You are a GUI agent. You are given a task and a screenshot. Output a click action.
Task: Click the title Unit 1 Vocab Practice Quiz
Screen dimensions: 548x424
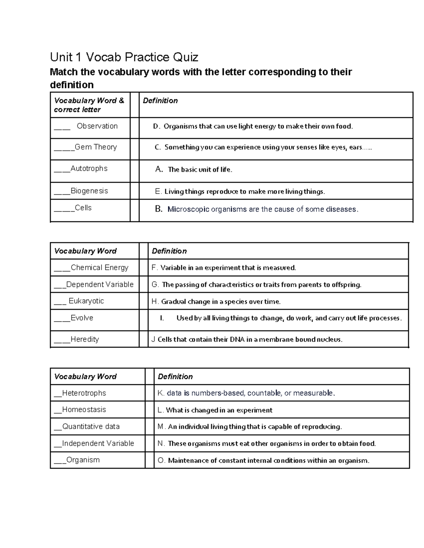pyautogui.click(x=124, y=57)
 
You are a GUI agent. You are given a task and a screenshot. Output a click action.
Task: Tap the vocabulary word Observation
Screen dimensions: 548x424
pyautogui.click(x=97, y=126)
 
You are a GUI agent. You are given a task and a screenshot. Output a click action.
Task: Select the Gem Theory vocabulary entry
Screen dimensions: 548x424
pyautogui.click(x=96, y=147)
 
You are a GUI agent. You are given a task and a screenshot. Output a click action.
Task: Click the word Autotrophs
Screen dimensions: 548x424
pyautogui.click(x=89, y=169)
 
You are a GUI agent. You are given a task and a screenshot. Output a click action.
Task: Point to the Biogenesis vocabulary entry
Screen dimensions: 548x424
pyautogui.click(x=89, y=191)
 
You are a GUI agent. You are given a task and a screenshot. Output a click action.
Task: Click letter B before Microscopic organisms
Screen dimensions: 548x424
pyautogui.click(x=159, y=209)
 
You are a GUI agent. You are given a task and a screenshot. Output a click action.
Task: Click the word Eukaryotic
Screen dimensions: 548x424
pyautogui.click(x=86, y=301)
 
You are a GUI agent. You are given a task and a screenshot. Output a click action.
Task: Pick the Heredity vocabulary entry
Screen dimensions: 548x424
pyautogui.click(x=85, y=339)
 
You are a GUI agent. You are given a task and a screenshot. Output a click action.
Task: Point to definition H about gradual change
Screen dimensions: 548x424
pyautogui.click(x=216, y=302)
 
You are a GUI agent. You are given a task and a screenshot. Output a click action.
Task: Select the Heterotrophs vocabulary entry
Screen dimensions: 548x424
pyautogui.click(x=84, y=393)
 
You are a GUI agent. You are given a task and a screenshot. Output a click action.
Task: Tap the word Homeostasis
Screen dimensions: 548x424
pyautogui.click(x=84, y=410)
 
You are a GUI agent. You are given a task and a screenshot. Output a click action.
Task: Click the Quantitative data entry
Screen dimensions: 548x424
pyautogui.click(x=91, y=427)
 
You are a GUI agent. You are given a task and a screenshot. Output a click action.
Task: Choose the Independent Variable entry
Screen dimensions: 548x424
pyautogui.click(x=98, y=444)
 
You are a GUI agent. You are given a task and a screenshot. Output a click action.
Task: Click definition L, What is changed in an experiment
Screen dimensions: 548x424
pyautogui.click(x=215, y=410)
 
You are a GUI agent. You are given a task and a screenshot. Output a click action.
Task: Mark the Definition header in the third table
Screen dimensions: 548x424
pyautogui.click(x=175, y=377)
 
